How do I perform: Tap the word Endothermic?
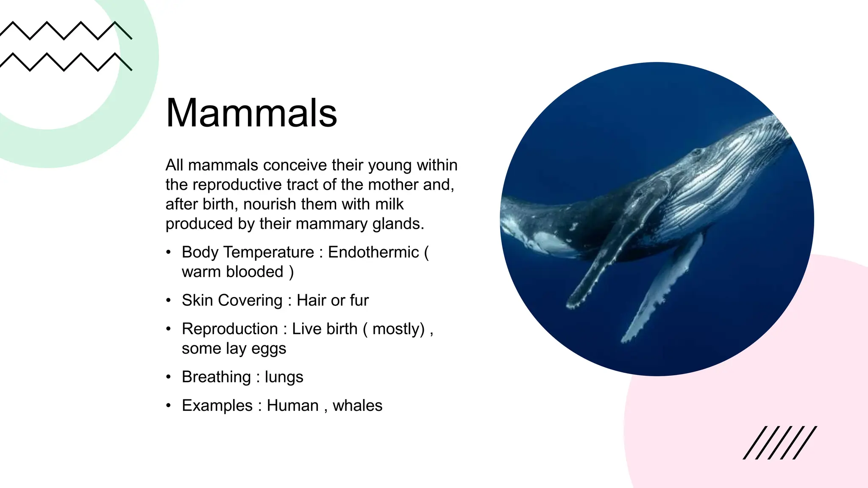(373, 252)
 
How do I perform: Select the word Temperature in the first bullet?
(269, 252)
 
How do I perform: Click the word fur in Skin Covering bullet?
(359, 300)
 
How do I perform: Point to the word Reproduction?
(230, 329)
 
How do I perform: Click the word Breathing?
(216, 377)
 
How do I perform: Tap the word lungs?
(284, 377)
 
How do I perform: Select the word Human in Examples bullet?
(292, 405)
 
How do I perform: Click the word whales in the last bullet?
(357, 405)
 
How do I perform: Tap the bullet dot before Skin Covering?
(169, 300)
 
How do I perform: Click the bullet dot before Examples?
(169, 405)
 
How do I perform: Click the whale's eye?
(696, 151)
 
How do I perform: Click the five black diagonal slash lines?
(779, 443)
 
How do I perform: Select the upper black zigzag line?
(66, 30)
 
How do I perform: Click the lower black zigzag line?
(66, 62)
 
